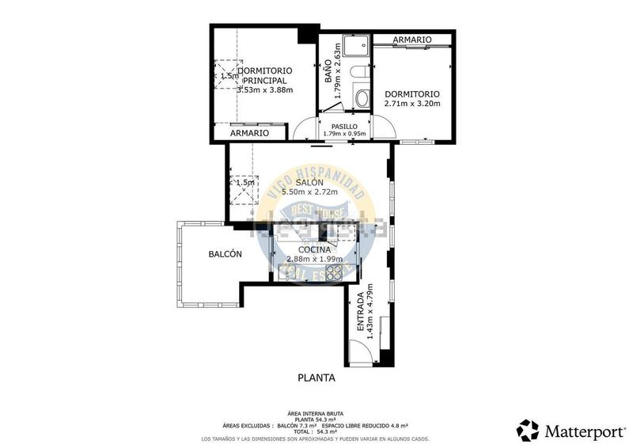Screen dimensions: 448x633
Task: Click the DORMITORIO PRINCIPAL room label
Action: coord(263,75)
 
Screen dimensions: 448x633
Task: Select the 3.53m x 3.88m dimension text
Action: coord(264,90)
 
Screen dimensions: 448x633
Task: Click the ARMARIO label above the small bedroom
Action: coord(411,39)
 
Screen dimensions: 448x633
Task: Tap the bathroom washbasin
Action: coord(362,99)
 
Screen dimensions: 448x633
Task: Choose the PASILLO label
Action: coord(344,126)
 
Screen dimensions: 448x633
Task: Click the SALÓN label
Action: coord(309,182)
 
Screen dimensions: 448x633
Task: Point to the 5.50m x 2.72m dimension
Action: coord(309,192)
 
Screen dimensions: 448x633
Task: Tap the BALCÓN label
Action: coord(225,254)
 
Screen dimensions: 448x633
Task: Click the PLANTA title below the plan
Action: coord(316,378)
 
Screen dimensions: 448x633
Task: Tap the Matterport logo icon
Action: coord(528,430)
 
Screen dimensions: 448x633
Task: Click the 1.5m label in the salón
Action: coord(246,183)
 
